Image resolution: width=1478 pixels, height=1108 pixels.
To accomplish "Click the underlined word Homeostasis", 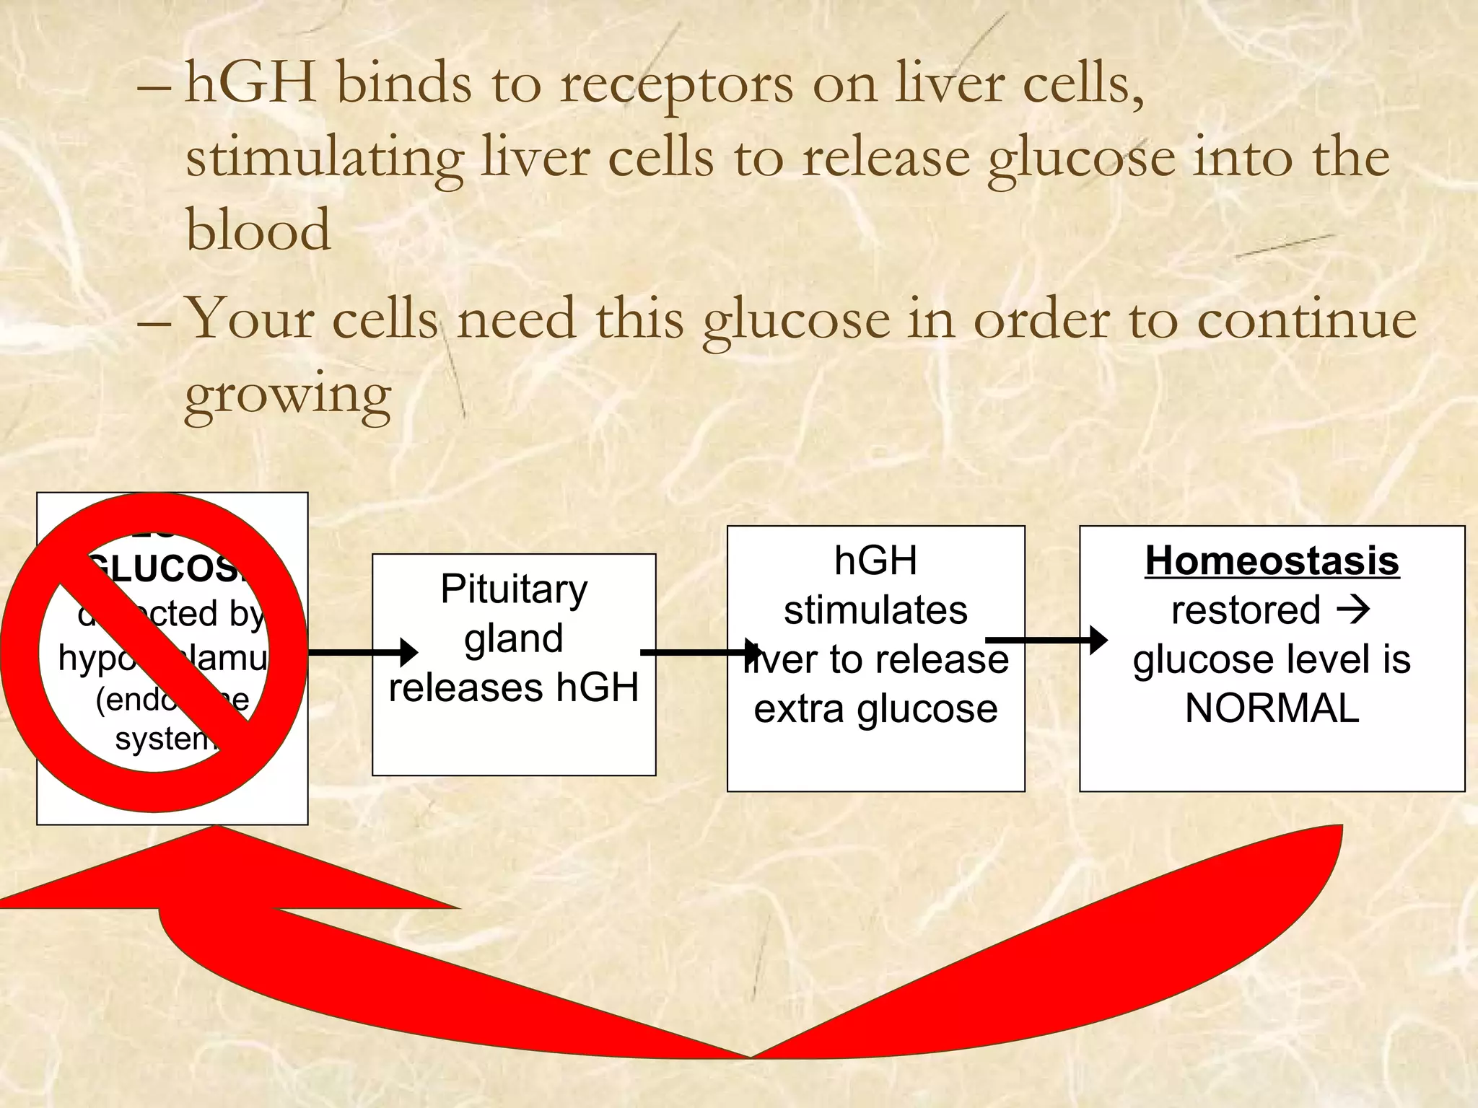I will [x=1272, y=560].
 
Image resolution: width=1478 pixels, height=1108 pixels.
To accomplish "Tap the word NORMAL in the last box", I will [x=1272, y=708].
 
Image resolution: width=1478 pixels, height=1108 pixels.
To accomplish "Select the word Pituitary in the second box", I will [x=514, y=589].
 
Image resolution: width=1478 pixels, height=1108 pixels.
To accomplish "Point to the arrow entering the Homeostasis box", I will [x=1046, y=640].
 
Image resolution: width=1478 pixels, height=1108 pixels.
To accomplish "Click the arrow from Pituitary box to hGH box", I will [x=700, y=653].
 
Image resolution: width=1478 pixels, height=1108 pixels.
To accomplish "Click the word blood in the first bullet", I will [x=258, y=230].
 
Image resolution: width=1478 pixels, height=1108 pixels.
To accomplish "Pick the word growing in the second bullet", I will [x=287, y=393].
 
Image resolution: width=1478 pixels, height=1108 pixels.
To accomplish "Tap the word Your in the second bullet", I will [x=249, y=318].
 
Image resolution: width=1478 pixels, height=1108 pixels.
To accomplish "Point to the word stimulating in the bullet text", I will [x=324, y=158].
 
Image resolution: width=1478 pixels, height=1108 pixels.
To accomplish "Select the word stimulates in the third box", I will [x=875, y=610].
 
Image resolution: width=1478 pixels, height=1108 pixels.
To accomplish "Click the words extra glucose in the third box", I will [x=875, y=709].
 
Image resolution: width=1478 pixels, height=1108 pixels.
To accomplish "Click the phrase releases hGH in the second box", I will [x=514, y=687].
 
